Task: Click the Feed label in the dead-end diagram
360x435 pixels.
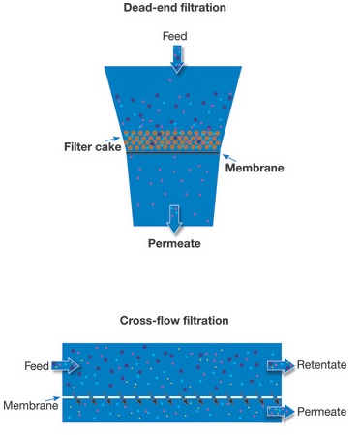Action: coord(175,36)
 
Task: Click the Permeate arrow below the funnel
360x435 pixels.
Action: coord(174,218)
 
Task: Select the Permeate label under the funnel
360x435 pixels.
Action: coord(174,243)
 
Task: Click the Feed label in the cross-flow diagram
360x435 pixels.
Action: coord(37,366)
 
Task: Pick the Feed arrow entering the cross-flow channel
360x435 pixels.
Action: coord(67,366)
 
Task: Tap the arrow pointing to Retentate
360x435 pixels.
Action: coord(280,366)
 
